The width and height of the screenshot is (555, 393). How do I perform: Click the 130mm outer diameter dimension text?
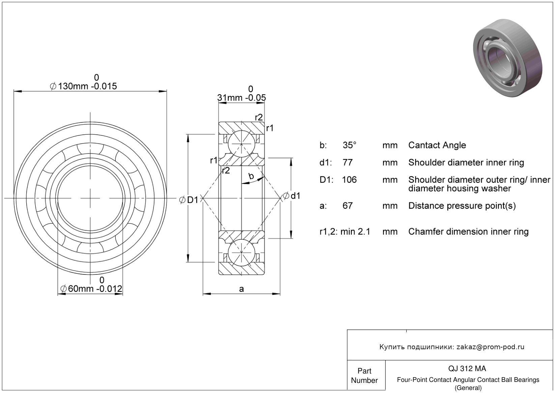coord(83,83)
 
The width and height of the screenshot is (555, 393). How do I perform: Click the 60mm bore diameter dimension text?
coord(91,285)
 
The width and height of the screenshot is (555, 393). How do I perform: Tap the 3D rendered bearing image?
coord(507,58)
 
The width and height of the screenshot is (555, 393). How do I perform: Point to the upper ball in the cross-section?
coord(241,144)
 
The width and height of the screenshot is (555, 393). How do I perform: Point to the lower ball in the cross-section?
coord(241,253)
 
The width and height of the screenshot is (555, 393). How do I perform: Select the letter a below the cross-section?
coord(241,289)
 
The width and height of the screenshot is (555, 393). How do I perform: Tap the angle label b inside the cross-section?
coord(251,176)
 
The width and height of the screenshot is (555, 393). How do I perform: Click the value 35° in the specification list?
coord(349,145)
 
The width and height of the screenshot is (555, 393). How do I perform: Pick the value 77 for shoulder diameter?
coord(347,163)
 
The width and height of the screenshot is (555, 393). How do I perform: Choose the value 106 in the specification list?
coord(349,180)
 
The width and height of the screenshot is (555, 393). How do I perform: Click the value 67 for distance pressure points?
coord(347,206)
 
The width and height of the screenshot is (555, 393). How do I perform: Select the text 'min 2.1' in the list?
coord(355,232)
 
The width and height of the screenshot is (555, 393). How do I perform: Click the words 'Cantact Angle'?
coord(437,145)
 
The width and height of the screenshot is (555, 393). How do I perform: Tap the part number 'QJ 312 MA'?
coord(467,368)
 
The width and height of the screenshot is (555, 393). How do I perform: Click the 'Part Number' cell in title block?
coord(364,375)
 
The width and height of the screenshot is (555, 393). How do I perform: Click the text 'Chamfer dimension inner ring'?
coord(468,232)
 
